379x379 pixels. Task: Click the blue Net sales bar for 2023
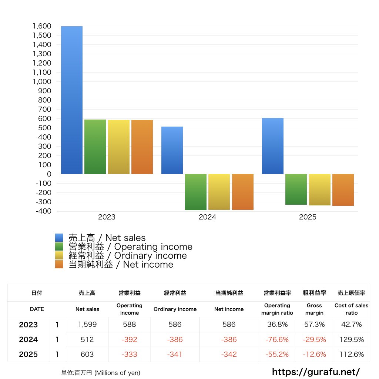(72, 100)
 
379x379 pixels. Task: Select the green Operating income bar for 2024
(196, 192)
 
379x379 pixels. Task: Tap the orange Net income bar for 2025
(343, 189)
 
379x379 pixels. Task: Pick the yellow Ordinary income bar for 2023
(118, 147)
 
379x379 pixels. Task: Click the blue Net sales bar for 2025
(272, 146)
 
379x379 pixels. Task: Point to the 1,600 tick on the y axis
(41, 26)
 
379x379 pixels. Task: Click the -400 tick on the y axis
(43, 211)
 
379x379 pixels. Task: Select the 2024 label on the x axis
(207, 217)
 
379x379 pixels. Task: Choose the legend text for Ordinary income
(127, 256)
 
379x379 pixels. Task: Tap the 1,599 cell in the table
(87, 325)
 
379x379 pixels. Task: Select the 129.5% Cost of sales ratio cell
(351, 339)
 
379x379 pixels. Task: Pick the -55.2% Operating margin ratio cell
(277, 354)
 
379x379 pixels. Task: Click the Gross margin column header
(314, 309)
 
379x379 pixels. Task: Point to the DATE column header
(37, 309)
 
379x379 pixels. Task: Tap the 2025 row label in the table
(28, 354)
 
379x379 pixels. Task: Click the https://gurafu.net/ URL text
(316, 372)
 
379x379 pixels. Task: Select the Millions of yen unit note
(101, 373)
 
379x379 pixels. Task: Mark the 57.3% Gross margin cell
(314, 325)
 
